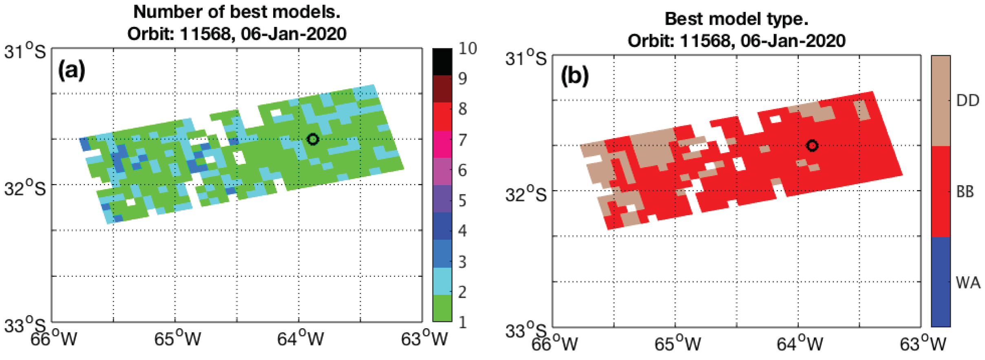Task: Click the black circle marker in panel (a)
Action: (x=313, y=139)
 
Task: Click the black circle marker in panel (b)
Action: (x=812, y=146)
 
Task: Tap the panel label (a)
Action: (x=72, y=70)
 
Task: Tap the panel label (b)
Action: (x=574, y=75)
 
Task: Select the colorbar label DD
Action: (x=967, y=100)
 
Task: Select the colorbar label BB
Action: (x=965, y=192)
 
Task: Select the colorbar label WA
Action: (x=968, y=283)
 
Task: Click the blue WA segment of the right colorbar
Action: (x=941, y=282)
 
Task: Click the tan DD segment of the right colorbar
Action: (x=941, y=101)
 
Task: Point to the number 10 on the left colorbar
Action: (x=468, y=49)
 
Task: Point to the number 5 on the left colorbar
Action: (x=462, y=201)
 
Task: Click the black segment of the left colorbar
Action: (x=442, y=62)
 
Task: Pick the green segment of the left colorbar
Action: (x=442, y=308)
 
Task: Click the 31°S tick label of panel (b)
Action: (x=526, y=58)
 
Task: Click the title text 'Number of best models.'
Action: (x=236, y=12)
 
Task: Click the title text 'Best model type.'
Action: (x=736, y=19)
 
